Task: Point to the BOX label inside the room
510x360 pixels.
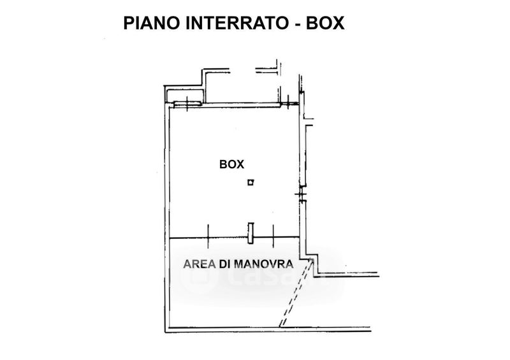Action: [231, 164]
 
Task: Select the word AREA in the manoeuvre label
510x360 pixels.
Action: [198, 263]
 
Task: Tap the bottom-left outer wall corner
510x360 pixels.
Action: [168, 332]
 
